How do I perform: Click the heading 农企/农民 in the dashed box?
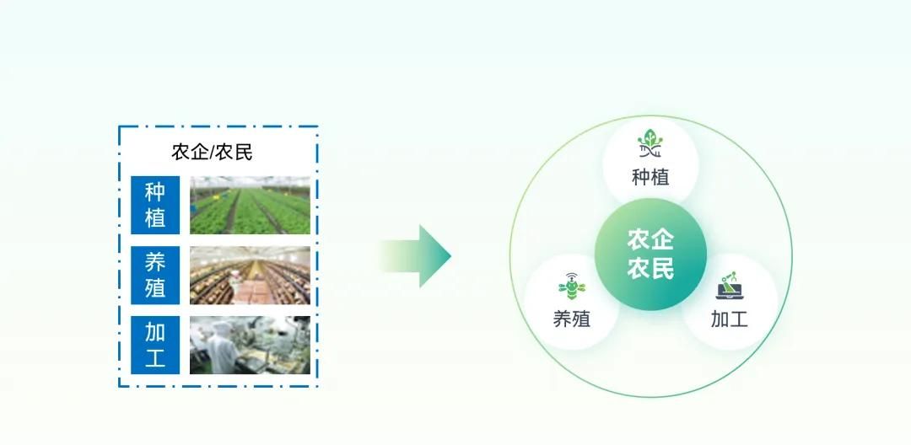pyautogui.click(x=212, y=152)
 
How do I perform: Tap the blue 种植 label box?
pyautogui.click(x=155, y=205)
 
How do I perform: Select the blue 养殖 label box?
pyautogui.click(x=155, y=275)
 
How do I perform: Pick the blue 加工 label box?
pyautogui.click(x=155, y=345)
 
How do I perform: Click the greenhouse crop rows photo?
pyautogui.click(x=250, y=205)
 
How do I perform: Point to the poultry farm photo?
pyautogui.click(x=250, y=275)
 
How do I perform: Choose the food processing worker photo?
pyautogui.click(x=250, y=345)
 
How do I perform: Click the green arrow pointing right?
pyautogui.click(x=415, y=256)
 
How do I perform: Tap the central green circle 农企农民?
pyautogui.click(x=650, y=255)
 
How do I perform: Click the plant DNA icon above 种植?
pyautogui.click(x=650, y=143)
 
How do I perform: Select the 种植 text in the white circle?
pyautogui.click(x=650, y=177)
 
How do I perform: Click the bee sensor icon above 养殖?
pyautogui.click(x=572, y=285)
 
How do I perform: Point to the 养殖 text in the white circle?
pyautogui.click(x=572, y=319)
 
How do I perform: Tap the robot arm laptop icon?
pyautogui.click(x=730, y=285)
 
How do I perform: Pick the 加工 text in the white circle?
pyautogui.click(x=730, y=319)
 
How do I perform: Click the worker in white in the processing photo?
pyautogui.click(x=221, y=348)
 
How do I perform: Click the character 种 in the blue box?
pyautogui.click(x=155, y=191)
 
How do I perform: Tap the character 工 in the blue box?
pyautogui.click(x=155, y=358)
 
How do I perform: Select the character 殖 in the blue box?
pyautogui.click(x=155, y=288)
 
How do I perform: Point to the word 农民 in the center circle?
pyautogui.click(x=650, y=269)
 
